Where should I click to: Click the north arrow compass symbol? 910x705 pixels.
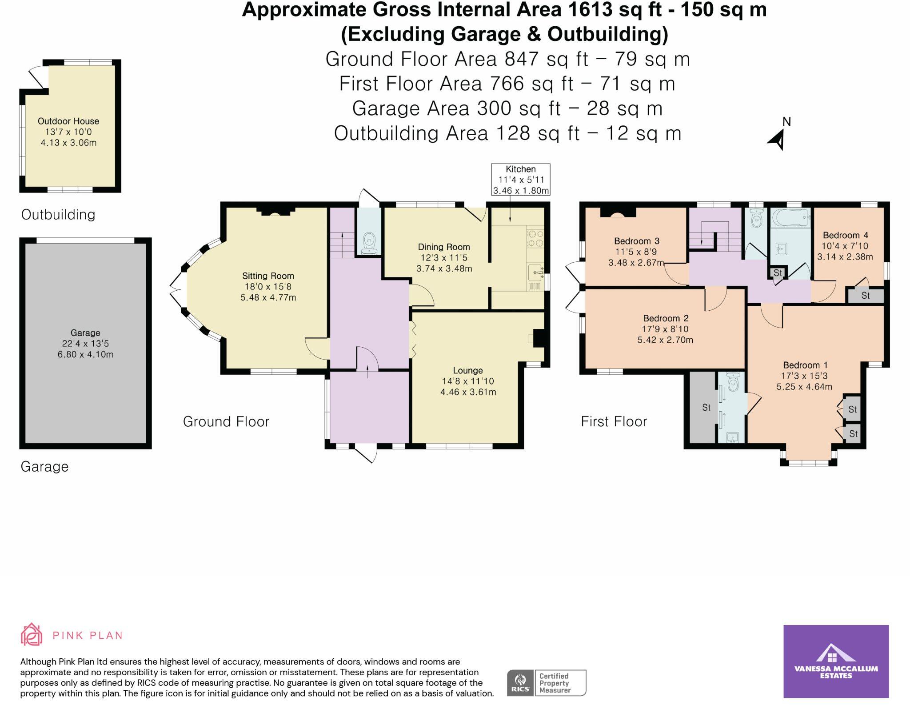(778, 139)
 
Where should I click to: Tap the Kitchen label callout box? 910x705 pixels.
(520, 180)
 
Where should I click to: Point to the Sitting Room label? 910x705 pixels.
(268, 276)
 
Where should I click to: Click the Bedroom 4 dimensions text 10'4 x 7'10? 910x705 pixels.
(845, 246)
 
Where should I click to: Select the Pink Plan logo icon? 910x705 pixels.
(31, 634)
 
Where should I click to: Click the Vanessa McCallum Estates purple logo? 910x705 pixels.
(836, 661)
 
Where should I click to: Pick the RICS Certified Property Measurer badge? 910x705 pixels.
(547, 683)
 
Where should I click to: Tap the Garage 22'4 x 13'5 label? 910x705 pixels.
(85, 344)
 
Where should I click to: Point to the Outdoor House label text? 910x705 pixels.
(68, 121)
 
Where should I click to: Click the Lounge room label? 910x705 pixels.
(467, 370)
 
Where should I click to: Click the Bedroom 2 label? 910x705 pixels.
(665, 318)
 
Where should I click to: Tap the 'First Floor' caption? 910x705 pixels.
(614, 421)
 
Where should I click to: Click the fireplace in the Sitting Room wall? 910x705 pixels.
(275, 212)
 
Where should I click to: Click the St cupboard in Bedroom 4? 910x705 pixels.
(865, 296)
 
